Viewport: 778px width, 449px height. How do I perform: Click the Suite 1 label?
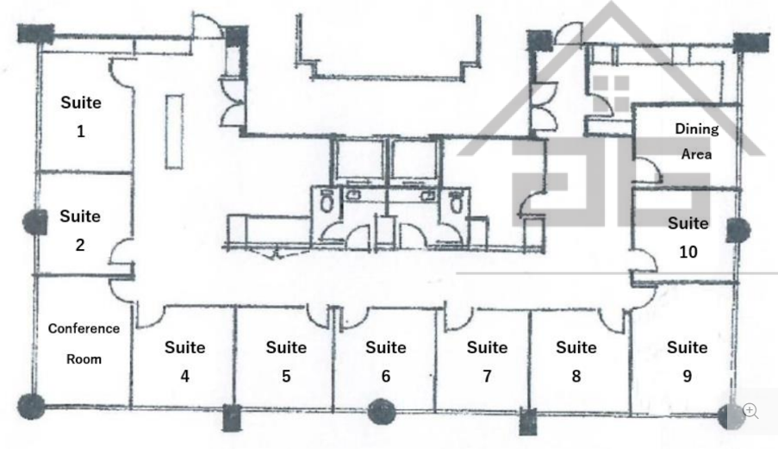click(x=81, y=116)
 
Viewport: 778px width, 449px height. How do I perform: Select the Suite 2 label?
click(x=80, y=230)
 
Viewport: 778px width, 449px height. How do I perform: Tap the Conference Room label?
click(x=84, y=344)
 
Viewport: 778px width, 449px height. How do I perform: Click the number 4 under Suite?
click(x=184, y=376)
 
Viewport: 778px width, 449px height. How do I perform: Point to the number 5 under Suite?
click(x=286, y=376)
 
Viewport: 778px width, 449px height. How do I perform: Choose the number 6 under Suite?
click(x=386, y=376)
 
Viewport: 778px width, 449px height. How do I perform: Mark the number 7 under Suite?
click(x=488, y=376)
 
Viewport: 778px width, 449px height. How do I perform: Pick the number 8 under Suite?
click(x=576, y=376)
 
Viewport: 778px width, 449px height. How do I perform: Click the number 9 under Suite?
click(x=688, y=376)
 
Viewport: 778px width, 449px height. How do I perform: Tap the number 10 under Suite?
click(x=688, y=252)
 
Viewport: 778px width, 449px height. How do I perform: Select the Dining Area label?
click(x=697, y=141)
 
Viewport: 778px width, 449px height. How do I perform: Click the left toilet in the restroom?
click(x=327, y=201)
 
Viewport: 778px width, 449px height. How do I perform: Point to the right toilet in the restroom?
click(x=456, y=201)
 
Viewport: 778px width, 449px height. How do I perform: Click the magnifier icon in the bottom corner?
click(x=750, y=411)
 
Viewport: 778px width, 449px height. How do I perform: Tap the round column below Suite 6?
click(x=382, y=411)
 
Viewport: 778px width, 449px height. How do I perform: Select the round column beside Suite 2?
click(x=35, y=221)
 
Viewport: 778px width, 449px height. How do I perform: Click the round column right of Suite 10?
click(x=738, y=231)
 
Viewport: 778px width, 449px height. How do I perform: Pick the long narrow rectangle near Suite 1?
click(x=174, y=132)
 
